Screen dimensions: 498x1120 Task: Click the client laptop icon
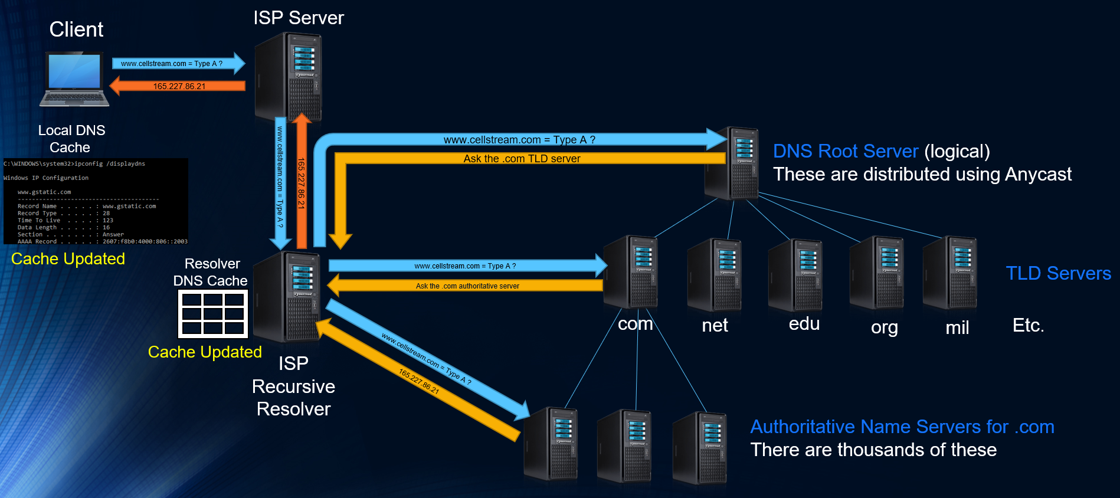click(74, 79)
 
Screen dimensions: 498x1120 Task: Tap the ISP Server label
click(298, 18)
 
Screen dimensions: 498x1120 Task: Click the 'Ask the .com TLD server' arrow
click(522, 158)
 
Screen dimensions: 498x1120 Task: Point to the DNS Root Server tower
click(732, 163)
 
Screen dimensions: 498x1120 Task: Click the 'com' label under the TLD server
click(635, 324)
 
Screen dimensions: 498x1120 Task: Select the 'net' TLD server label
click(715, 325)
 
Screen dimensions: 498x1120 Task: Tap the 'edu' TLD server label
click(804, 324)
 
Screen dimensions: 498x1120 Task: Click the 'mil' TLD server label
click(957, 327)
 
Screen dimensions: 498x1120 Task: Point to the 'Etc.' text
click(1028, 325)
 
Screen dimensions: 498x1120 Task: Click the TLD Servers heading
click(1058, 273)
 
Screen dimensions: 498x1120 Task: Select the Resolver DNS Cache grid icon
click(213, 314)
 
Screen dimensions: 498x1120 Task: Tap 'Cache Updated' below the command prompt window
click(68, 259)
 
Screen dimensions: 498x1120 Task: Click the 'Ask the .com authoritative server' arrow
click(467, 286)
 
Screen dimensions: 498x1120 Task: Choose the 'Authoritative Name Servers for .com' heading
click(902, 427)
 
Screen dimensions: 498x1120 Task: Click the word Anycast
click(1038, 174)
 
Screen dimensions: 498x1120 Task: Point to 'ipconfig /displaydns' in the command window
click(110, 163)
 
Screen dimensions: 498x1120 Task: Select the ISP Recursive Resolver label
click(293, 386)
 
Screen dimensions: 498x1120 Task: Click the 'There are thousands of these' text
click(873, 450)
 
